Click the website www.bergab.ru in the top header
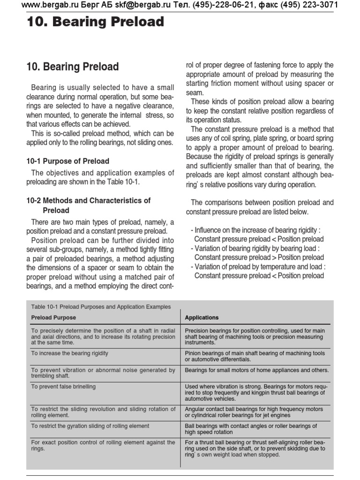[52, 6]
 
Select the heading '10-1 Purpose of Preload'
[67, 161]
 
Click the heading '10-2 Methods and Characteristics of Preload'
[88, 205]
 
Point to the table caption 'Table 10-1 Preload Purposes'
[101, 307]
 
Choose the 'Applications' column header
[202, 317]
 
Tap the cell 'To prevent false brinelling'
[63, 386]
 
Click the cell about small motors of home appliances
[256, 370]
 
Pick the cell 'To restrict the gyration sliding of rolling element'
[90, 426]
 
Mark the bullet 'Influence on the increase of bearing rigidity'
[255, 230]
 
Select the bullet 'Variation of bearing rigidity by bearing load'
[255, 248]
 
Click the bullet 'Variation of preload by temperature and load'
[258, 267]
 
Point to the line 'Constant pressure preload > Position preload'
[259, 257]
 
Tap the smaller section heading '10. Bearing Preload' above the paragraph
[73, 67]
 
